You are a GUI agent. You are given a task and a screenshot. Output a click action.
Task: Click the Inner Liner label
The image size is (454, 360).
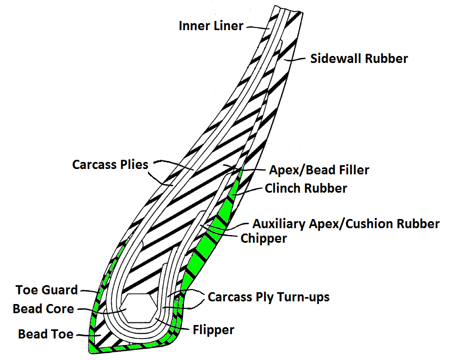pos(211,26)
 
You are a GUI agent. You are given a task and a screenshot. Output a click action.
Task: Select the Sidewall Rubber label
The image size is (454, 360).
pos(359,59)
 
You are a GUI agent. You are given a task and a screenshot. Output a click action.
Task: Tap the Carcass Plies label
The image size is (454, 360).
pos(110,165)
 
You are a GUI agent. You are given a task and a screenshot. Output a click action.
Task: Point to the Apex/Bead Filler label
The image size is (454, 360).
pos(319,171)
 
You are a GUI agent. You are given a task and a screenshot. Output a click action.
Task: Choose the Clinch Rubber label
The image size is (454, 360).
pos(306,189)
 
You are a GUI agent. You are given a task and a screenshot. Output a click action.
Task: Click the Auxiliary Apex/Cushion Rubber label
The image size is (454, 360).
pos(346,223)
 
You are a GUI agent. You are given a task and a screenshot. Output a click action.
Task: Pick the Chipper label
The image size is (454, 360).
pos(264,238)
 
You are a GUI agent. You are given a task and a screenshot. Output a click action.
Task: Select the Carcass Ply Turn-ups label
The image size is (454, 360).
pos(268,297)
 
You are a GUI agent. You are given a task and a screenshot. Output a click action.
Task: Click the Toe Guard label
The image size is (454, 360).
pos(47,291)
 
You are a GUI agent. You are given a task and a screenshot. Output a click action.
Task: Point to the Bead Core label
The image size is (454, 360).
pos(43,309)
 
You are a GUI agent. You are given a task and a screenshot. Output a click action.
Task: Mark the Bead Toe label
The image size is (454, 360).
pos(46,334)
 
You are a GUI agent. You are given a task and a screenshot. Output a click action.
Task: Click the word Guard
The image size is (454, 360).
pos(63,291)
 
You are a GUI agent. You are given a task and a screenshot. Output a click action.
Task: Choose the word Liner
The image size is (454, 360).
pos(231,26)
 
